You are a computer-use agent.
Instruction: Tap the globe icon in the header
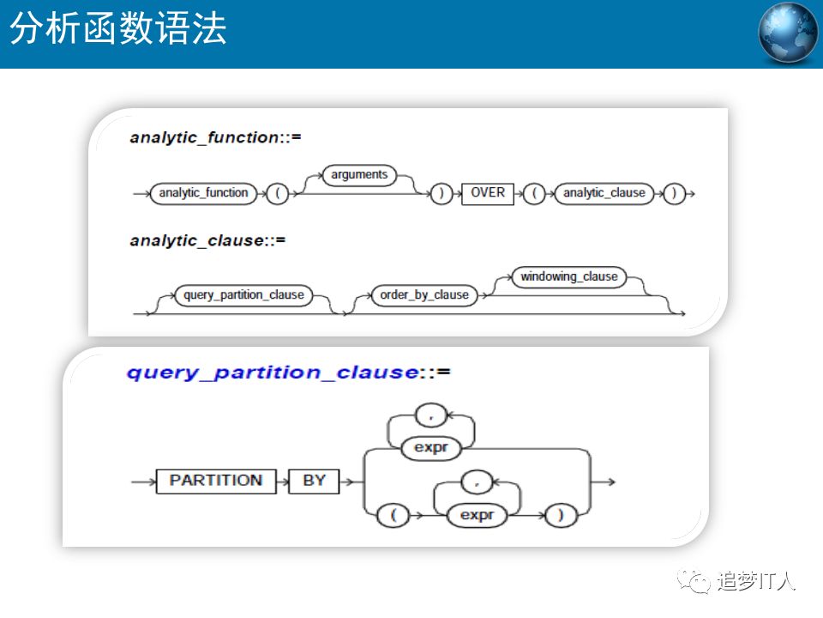788,33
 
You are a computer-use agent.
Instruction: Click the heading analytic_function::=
215,137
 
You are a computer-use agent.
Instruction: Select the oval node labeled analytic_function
203,193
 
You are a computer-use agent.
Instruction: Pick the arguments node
359,175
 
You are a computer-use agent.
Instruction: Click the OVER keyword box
488,193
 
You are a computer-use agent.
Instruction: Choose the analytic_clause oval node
604,193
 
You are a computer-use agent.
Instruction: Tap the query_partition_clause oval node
243,295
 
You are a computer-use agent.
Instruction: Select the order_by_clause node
424,295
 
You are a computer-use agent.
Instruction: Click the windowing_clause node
568,277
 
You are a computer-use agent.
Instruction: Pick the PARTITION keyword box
216,481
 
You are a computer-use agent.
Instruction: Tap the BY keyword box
315,481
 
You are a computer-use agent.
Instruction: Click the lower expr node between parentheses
478,515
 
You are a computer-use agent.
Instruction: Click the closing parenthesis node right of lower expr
562,515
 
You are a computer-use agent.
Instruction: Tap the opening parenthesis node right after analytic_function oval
278,193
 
